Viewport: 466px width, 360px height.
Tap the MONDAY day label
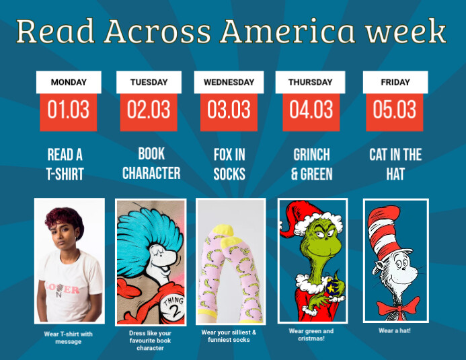click(x=69, y=82)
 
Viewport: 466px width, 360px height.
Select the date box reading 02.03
click(x=149, y=110)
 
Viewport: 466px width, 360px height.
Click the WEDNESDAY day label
click(x=229, y=82)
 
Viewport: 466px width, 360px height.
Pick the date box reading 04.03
click(x=311, y=110)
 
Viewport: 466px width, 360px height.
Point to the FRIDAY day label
click(x=395, y=82)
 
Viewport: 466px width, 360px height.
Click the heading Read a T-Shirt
click(x=65, y=164)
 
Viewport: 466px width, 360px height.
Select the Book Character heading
click(x=151, y=164)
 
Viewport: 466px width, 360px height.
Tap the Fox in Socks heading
click(x=230, y=164)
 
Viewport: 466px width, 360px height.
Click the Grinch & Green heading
click(x=311, y=164)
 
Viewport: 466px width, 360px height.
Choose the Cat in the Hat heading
click(x=395, y=164)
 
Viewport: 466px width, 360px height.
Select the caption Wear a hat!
click(x=395, y=330)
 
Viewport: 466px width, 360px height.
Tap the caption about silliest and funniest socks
click(x=229, y=336)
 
